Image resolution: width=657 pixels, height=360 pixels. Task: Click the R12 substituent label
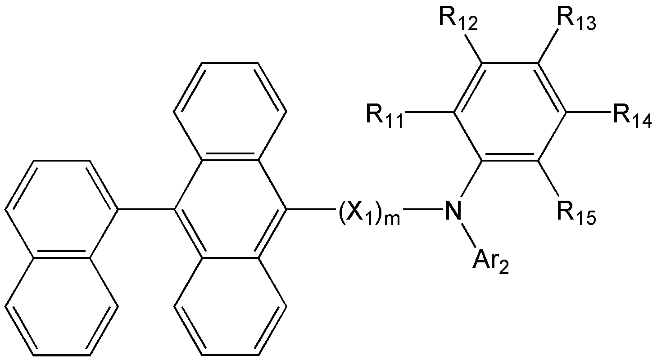458,19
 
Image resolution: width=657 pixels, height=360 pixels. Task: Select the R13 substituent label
577,19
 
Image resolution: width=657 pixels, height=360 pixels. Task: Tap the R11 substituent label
385,117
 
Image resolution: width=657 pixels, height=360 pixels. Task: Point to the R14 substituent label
633,117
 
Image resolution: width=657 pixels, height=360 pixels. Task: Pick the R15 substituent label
577,214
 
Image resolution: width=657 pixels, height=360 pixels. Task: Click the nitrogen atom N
453,210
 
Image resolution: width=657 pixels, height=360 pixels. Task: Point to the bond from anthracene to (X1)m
311,209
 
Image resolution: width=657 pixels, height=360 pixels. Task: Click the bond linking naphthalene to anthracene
146,209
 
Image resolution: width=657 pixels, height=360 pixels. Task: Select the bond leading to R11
430,112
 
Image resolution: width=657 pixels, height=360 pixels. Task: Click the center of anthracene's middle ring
230,209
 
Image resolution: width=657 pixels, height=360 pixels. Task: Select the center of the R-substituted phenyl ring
510,112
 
